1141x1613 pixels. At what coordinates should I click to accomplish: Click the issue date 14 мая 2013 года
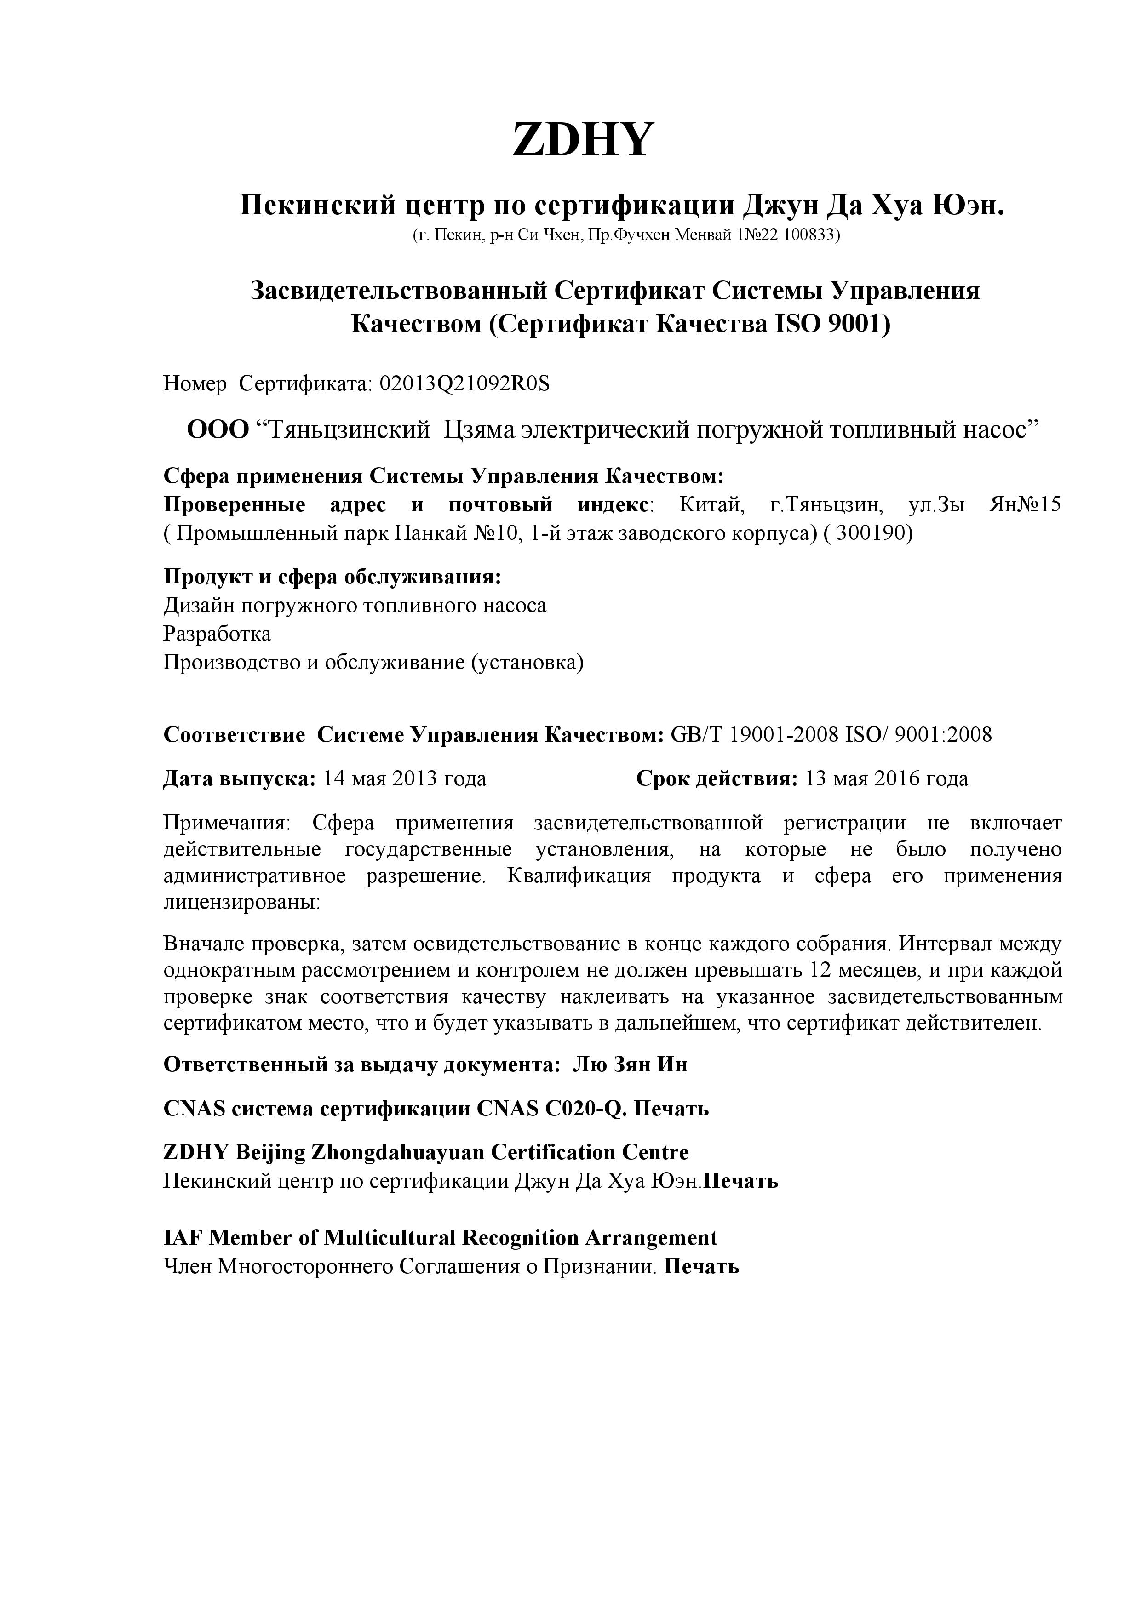[x=404, y=778]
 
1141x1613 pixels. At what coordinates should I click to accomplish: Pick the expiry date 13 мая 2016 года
[x=887, y=778]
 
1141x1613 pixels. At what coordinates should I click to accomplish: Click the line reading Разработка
[x=217, y=635]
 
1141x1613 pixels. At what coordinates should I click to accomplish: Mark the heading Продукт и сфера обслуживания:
[x=333, y=578]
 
